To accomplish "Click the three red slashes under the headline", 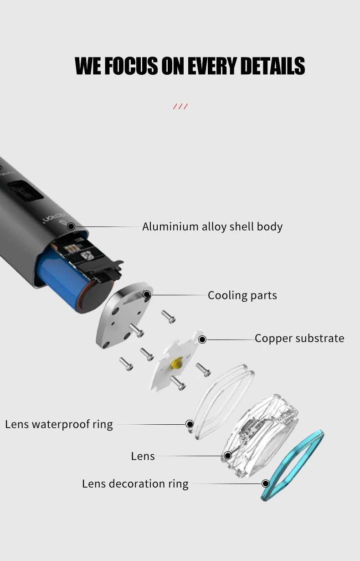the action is pos(180,107).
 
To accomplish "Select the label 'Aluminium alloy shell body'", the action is pos(212,226).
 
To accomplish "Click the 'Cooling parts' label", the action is pos(242,295).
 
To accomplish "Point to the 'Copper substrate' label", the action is pos(299,338).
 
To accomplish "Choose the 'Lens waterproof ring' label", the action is pos(59,424).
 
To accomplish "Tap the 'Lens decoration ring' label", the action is pos(135,484).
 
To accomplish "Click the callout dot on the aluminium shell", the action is pos(71,226).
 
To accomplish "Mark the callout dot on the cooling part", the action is pos(147,294).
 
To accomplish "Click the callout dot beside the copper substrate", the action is pos(202,340).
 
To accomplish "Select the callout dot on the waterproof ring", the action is pos(190,424).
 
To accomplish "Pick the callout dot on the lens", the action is pos(227,455).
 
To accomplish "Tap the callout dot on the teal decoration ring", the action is pos(266,484).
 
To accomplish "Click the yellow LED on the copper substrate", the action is pos(176,363).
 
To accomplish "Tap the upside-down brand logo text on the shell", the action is pos(57,217).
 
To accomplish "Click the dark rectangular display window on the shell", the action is pos(25,191).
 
